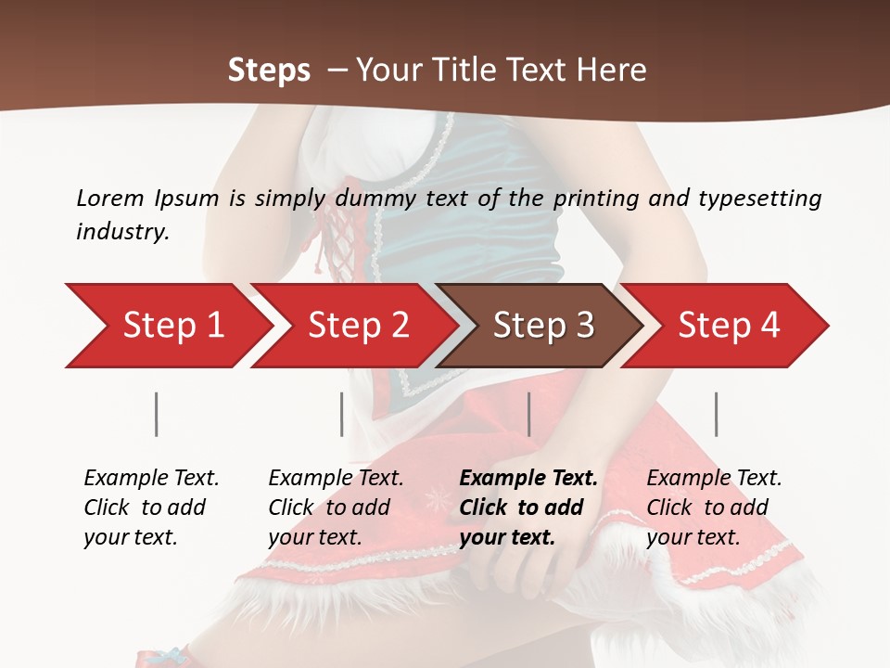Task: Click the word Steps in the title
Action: click(269, 71)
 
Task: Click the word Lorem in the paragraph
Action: click(110, 198)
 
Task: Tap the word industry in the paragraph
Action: click(122, 231)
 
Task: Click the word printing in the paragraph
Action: click(599, 198)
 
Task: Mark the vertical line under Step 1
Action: click(157, 414)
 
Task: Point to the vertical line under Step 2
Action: click(342, 414)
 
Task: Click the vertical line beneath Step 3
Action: click(528, 414)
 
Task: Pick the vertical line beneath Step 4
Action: click(716, 414)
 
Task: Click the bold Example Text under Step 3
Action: click(528, 479)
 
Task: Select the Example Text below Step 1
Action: click(151, 479)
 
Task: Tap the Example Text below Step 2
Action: click(336, 479)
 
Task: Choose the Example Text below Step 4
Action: click(714, 479)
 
